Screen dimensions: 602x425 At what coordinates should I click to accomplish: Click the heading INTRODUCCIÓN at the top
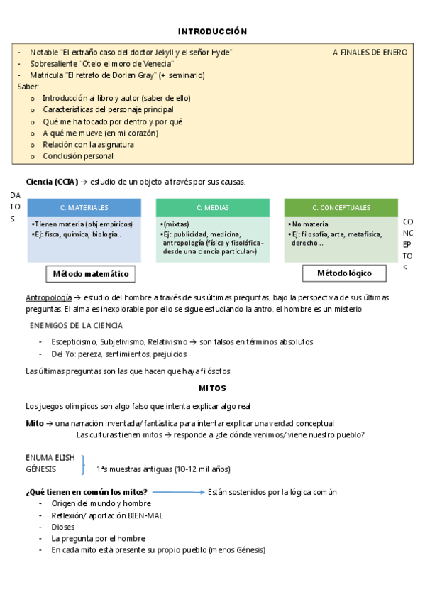[212, 31]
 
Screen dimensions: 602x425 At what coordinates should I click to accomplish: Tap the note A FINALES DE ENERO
[370, 53]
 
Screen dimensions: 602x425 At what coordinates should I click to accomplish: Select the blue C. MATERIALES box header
[84, 208]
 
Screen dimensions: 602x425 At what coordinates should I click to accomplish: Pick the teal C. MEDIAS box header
[213, 208]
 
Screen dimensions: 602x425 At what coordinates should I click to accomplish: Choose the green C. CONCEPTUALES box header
[341, 208]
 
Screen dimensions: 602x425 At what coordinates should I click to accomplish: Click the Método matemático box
[91, 273]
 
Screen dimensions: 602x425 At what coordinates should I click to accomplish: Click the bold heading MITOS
[213, 388]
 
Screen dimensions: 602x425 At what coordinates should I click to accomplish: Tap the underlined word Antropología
[48, 297]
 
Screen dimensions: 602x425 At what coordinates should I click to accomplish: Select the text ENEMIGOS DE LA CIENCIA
[76, 326]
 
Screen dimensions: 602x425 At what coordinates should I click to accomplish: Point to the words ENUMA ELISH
[50, 458]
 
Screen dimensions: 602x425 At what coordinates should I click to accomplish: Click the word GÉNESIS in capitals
[42, 469]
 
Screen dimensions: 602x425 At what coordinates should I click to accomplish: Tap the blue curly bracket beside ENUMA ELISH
[84, 464]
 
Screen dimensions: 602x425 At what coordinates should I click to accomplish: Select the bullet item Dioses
[63, 527]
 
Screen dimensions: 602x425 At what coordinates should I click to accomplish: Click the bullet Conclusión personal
[78, 156]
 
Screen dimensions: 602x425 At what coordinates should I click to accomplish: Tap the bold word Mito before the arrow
[35, 423]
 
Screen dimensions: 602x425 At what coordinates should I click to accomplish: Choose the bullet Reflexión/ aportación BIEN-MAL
[106, 515]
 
